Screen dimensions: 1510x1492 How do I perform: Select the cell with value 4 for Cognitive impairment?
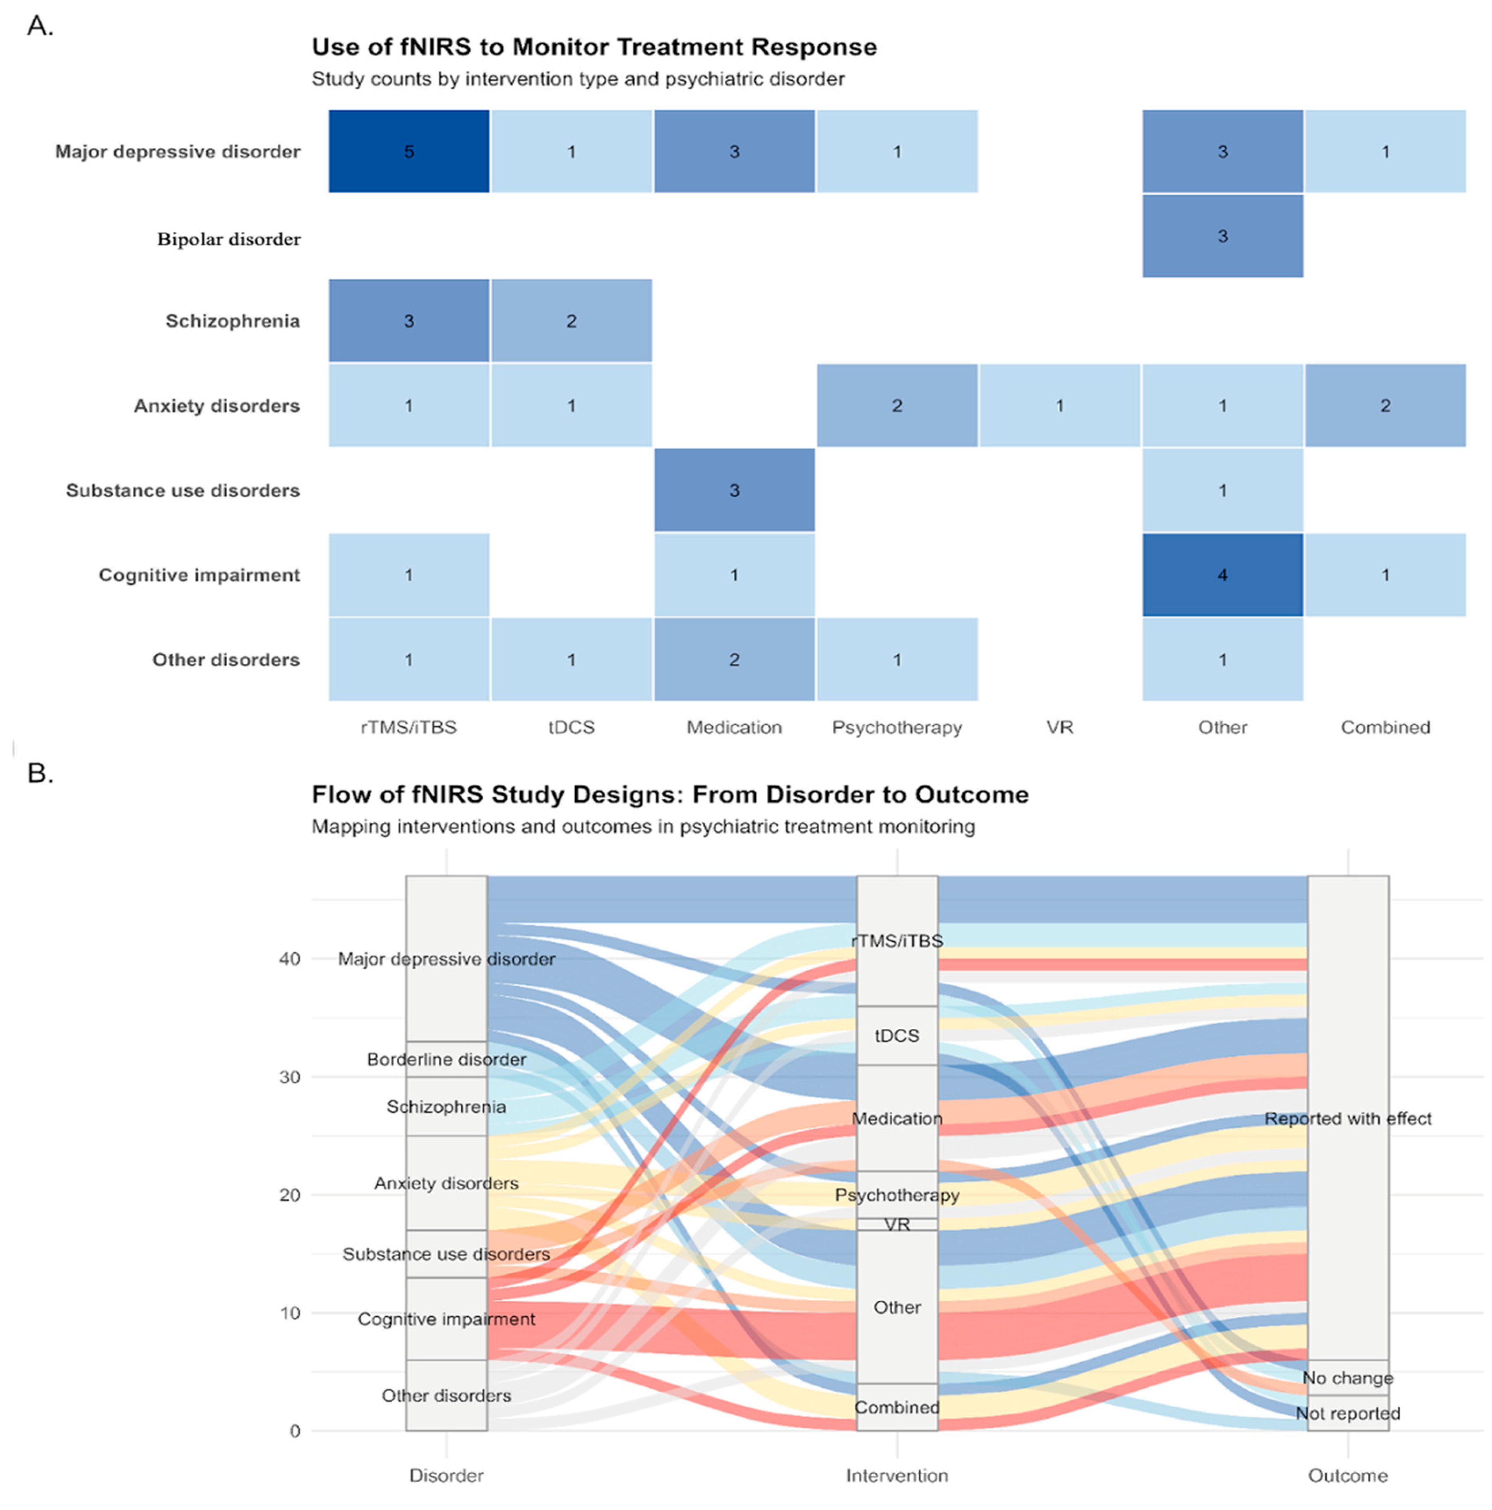tap(1222, 575)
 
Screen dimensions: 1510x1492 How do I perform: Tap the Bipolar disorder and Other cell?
tap(1222, 236)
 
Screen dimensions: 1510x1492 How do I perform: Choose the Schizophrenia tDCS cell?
tap(571, 321)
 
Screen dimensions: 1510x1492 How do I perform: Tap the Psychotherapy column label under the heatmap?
tap(896, 727)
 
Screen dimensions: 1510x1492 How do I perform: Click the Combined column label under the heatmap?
tap(1385, 727)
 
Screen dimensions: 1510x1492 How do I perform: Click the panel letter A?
tap(40, 26)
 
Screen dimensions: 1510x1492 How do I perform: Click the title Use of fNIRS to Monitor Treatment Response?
tap(594, 47)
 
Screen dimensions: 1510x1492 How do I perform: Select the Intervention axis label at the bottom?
tap(896, 1476)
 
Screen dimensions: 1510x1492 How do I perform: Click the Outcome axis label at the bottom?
tap(1348, 1476)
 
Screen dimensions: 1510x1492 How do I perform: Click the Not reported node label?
tap(1348, 1413)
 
